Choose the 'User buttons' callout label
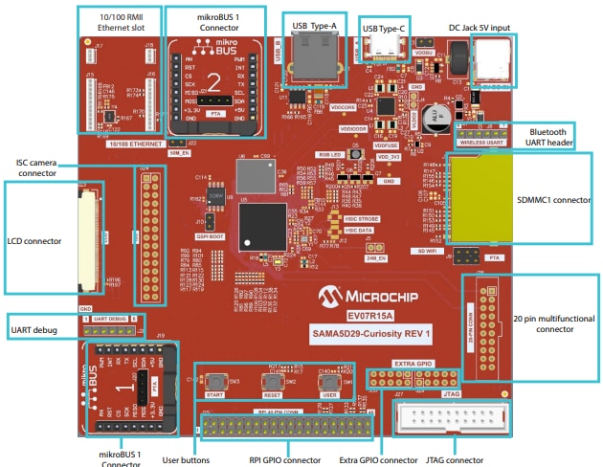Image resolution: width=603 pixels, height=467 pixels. coord(186,458)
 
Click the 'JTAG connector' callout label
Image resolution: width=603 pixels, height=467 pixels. coord(454,458)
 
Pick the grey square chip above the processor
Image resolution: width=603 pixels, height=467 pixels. coord(255,175)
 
